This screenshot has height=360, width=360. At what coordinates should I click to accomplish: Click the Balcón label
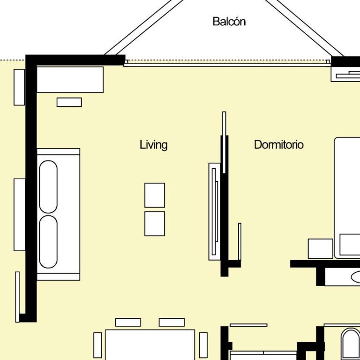pyautogui.click(x=229, y=22)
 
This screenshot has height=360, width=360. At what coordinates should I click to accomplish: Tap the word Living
pyautogui.click(x=154, y=145)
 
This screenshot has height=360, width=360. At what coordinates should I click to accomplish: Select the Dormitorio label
pyautogui.click(x=279, y=145)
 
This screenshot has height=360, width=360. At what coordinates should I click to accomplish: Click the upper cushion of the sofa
pyautogui.click(x=48, y=187)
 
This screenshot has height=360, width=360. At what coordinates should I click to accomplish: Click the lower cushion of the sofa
pyautogui.click(x=48, y=241)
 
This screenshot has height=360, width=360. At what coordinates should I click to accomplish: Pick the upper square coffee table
pyautogui.click(x=155, y=195)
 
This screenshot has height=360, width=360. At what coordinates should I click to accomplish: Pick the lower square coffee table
pyautogui.click(x=155, y=224)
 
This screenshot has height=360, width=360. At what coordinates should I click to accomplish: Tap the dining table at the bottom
pyautogui.click(x=150, y=345)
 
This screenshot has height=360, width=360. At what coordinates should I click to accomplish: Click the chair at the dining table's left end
pyautogui.click(x=97, y=345)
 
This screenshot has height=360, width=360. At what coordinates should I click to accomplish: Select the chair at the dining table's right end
pyautogui.click(x=203, y=345)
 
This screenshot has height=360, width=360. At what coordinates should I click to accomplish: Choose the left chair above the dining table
pyautogui.click(x=128, y=322)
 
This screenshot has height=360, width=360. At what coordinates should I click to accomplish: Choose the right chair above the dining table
pyautogui.click(x=172, y=322)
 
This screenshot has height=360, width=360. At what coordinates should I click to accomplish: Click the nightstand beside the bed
pyautogui.click(x=320, y=248)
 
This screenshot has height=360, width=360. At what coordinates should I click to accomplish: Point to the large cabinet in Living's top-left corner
pyautogui.click(x=70, y=80)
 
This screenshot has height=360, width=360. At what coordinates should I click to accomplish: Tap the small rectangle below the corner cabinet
pyautogui.click(x=69, y=102)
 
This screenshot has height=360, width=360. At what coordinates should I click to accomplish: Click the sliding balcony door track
pyautogui.click(x=227, y=65)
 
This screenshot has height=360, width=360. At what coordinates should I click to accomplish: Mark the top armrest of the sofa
pyautogui.click(x=58, y=151)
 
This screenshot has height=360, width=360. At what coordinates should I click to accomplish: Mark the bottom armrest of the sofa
pyautogui.click(x=58, y=277)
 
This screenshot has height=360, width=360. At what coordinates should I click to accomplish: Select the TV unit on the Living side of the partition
pyautogui.click(x=214, y=211)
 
